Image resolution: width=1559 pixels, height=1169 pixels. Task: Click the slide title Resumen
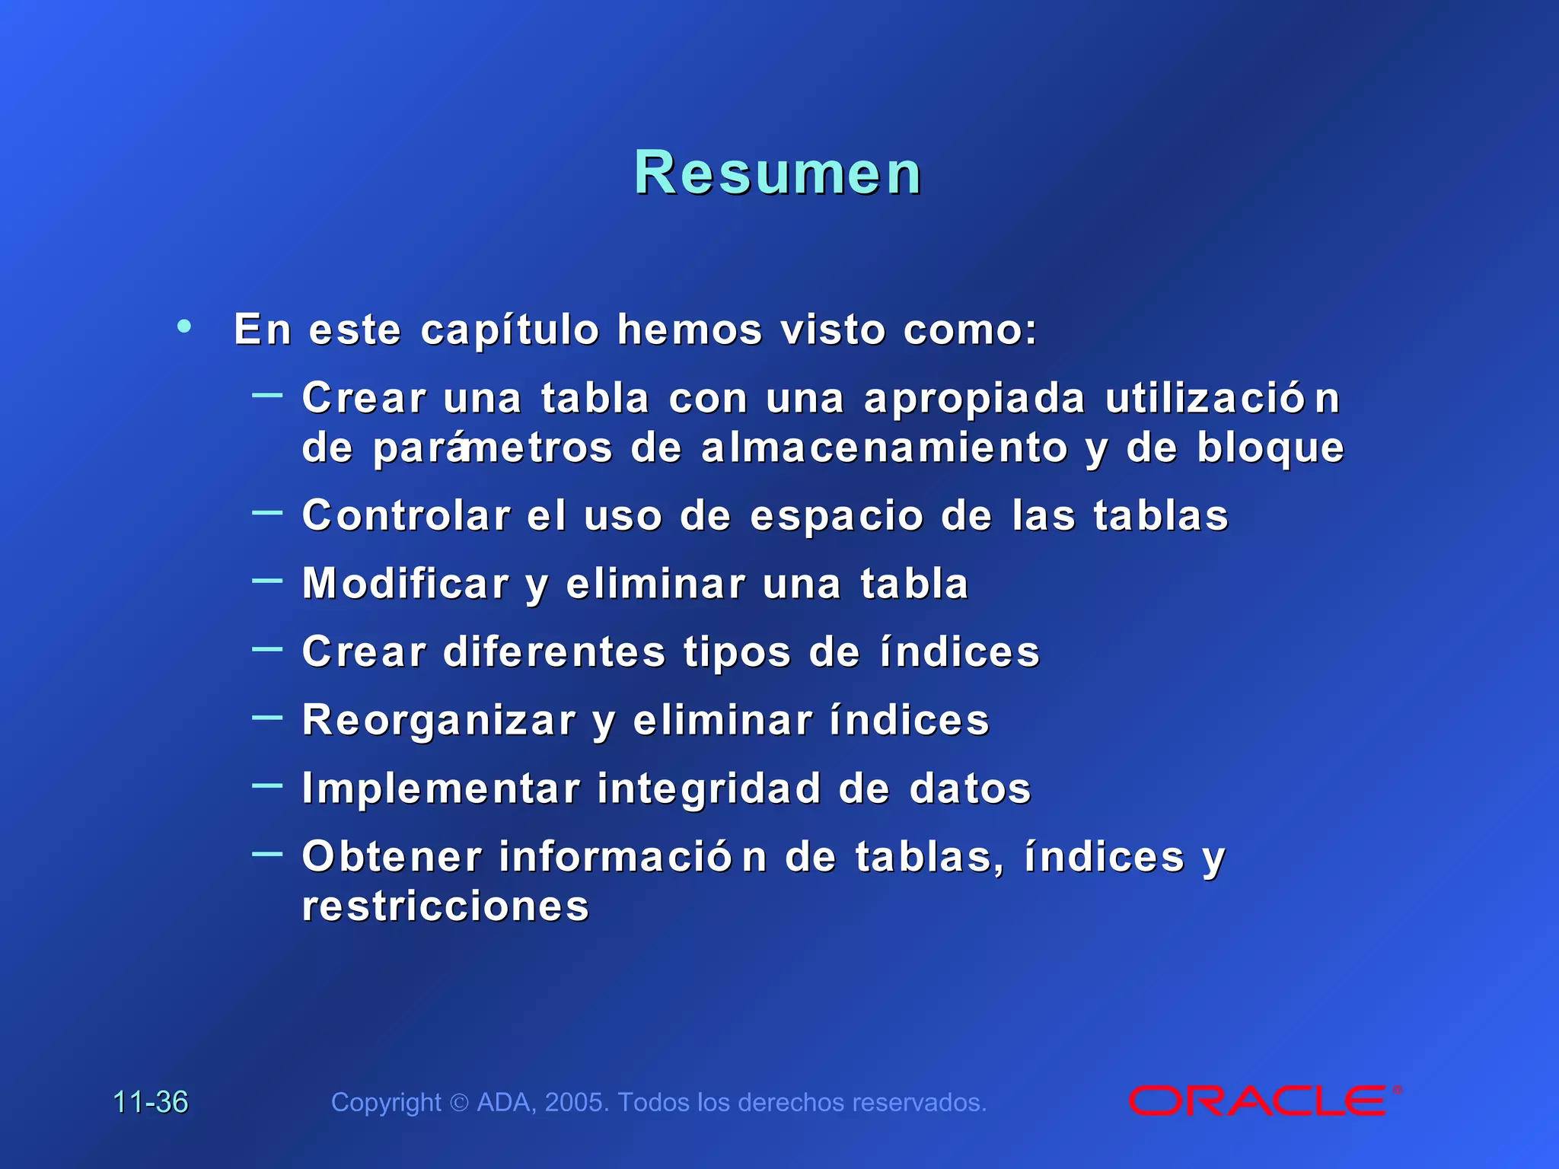click(x=778, y=174)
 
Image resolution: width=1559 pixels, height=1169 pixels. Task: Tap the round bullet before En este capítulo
click(x=183, y=326)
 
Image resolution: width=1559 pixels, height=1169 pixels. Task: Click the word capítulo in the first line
click(x=510, y=330)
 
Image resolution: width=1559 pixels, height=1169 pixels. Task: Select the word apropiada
click(x=974, y=400)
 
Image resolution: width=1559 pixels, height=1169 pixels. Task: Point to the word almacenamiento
click(x=885, y=448)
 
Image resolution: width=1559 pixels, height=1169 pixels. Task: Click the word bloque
click(x=1270, y=448)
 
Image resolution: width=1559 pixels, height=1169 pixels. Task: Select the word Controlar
click(x=406, y=516)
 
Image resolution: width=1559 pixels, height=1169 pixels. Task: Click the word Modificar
click(x=406, y=584)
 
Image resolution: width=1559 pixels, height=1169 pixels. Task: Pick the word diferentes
click(x=554, y=652)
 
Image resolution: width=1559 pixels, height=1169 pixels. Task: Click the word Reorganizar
click(x=439, y=721)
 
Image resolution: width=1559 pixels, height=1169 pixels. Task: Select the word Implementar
click(x=441, y=788)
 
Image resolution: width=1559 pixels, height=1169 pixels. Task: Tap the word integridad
click(x=709, y=788)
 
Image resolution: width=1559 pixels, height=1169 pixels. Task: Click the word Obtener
click(x=392, y=857)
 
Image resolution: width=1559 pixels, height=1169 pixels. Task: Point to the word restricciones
click(x=445, y=906)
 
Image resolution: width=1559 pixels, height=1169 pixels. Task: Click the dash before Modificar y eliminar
click(x=267, y=581)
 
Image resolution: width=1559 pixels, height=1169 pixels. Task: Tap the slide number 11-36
click(x=150, y=1102)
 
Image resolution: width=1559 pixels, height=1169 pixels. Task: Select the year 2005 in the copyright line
click(x=576, y=1102)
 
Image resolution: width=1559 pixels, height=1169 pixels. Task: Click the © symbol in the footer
click(x=459, y=1103)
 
